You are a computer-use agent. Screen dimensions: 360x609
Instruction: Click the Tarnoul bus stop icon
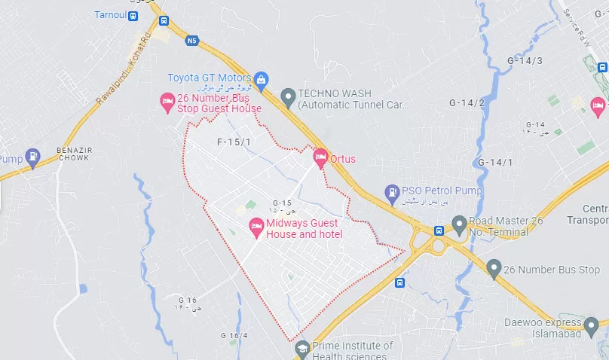pos(133,15)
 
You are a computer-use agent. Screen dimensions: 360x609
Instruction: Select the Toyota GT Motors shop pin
pos(261,78)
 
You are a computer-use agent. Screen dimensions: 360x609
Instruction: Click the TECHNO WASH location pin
pos(287,96)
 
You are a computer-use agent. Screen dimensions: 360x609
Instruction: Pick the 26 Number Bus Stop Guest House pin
pos(168,103)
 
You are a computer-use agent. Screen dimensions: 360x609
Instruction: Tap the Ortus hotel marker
pos(320,158)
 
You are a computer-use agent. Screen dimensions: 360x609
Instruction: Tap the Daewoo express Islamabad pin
pos(592,328)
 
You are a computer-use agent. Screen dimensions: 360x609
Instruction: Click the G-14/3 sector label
pos(525,60)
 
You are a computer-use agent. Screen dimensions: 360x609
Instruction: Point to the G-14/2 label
pos(467,102)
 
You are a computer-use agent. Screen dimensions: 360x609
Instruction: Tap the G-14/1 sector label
pos(495,163)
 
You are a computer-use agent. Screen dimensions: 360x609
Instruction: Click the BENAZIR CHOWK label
pos(73,154)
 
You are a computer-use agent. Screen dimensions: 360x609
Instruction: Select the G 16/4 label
pos(234,335)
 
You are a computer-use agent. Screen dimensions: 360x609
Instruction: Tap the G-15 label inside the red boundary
pos(282,203)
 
